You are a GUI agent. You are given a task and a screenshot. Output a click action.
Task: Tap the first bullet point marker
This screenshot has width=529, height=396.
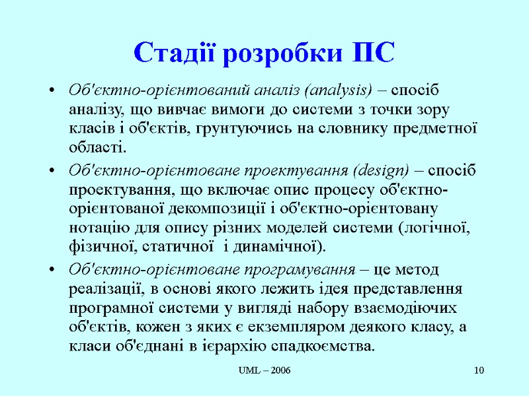coord(52,91)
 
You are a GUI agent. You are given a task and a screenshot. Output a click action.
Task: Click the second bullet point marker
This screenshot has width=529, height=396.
coord(52,171)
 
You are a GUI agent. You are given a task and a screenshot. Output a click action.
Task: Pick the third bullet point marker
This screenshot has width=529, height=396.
coord(52,270)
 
